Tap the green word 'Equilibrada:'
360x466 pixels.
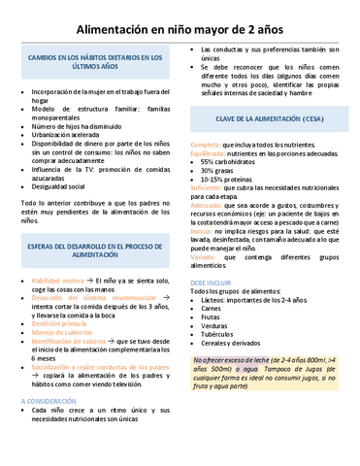point(211,153)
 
